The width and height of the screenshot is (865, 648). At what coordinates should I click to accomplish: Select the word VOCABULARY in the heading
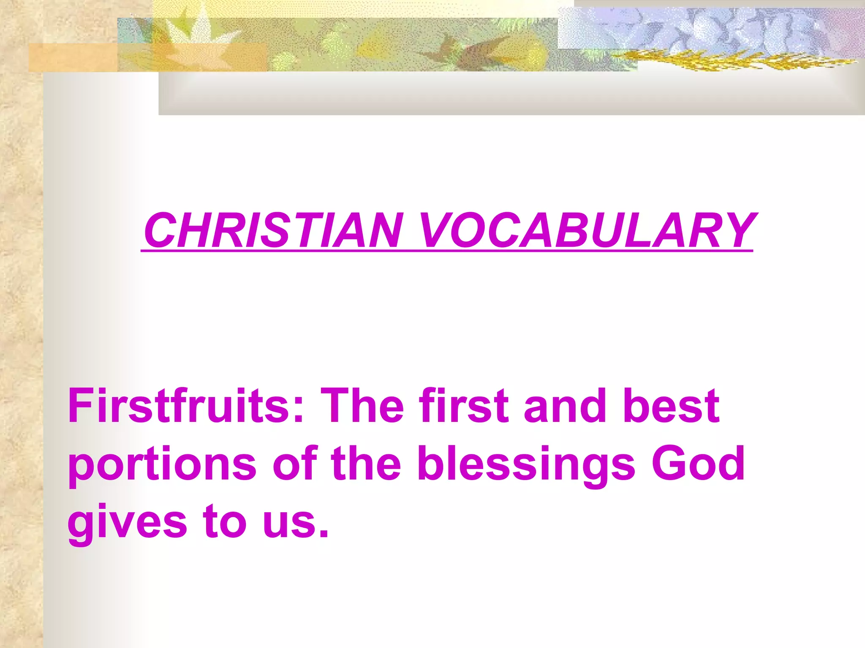588,231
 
